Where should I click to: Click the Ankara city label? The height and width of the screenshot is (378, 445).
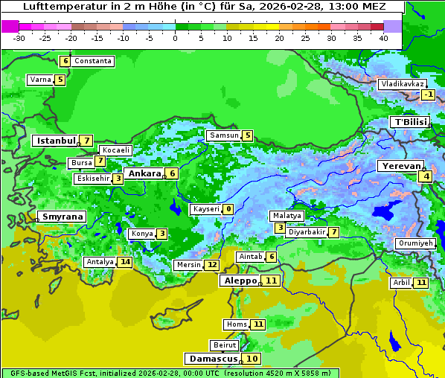click(x=144, y=173)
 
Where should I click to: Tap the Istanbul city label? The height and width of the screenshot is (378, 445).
click(x=56, y=140)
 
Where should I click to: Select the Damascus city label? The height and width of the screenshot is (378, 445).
click(x=212, y=359)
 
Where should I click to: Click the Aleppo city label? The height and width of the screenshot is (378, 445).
click(x=239, y=281)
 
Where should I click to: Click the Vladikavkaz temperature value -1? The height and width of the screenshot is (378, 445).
click(x=428, y=94)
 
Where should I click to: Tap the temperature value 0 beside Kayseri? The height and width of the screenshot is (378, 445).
click(x=228, y=209)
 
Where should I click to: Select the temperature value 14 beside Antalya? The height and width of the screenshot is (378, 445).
click(x=125, y=261)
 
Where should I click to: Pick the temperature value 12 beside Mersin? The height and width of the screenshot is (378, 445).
click(x=212, y=265)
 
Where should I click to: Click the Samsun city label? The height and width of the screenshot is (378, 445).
click(x=223, y=135)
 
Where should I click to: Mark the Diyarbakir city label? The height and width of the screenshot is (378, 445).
click(x=307, y=231)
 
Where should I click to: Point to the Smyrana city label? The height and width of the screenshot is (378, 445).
click(x=63, y=217)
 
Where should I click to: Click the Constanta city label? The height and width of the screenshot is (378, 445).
click(x=93, y=61)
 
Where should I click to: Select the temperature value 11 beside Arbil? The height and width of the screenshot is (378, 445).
click(x=421, y=283)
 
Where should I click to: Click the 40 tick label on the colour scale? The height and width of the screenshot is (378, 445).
click(x=383, y=37)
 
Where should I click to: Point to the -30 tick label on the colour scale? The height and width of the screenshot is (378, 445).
click(x=19, y=37)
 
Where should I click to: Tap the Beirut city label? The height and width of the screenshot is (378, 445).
click(x=224, y=345)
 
